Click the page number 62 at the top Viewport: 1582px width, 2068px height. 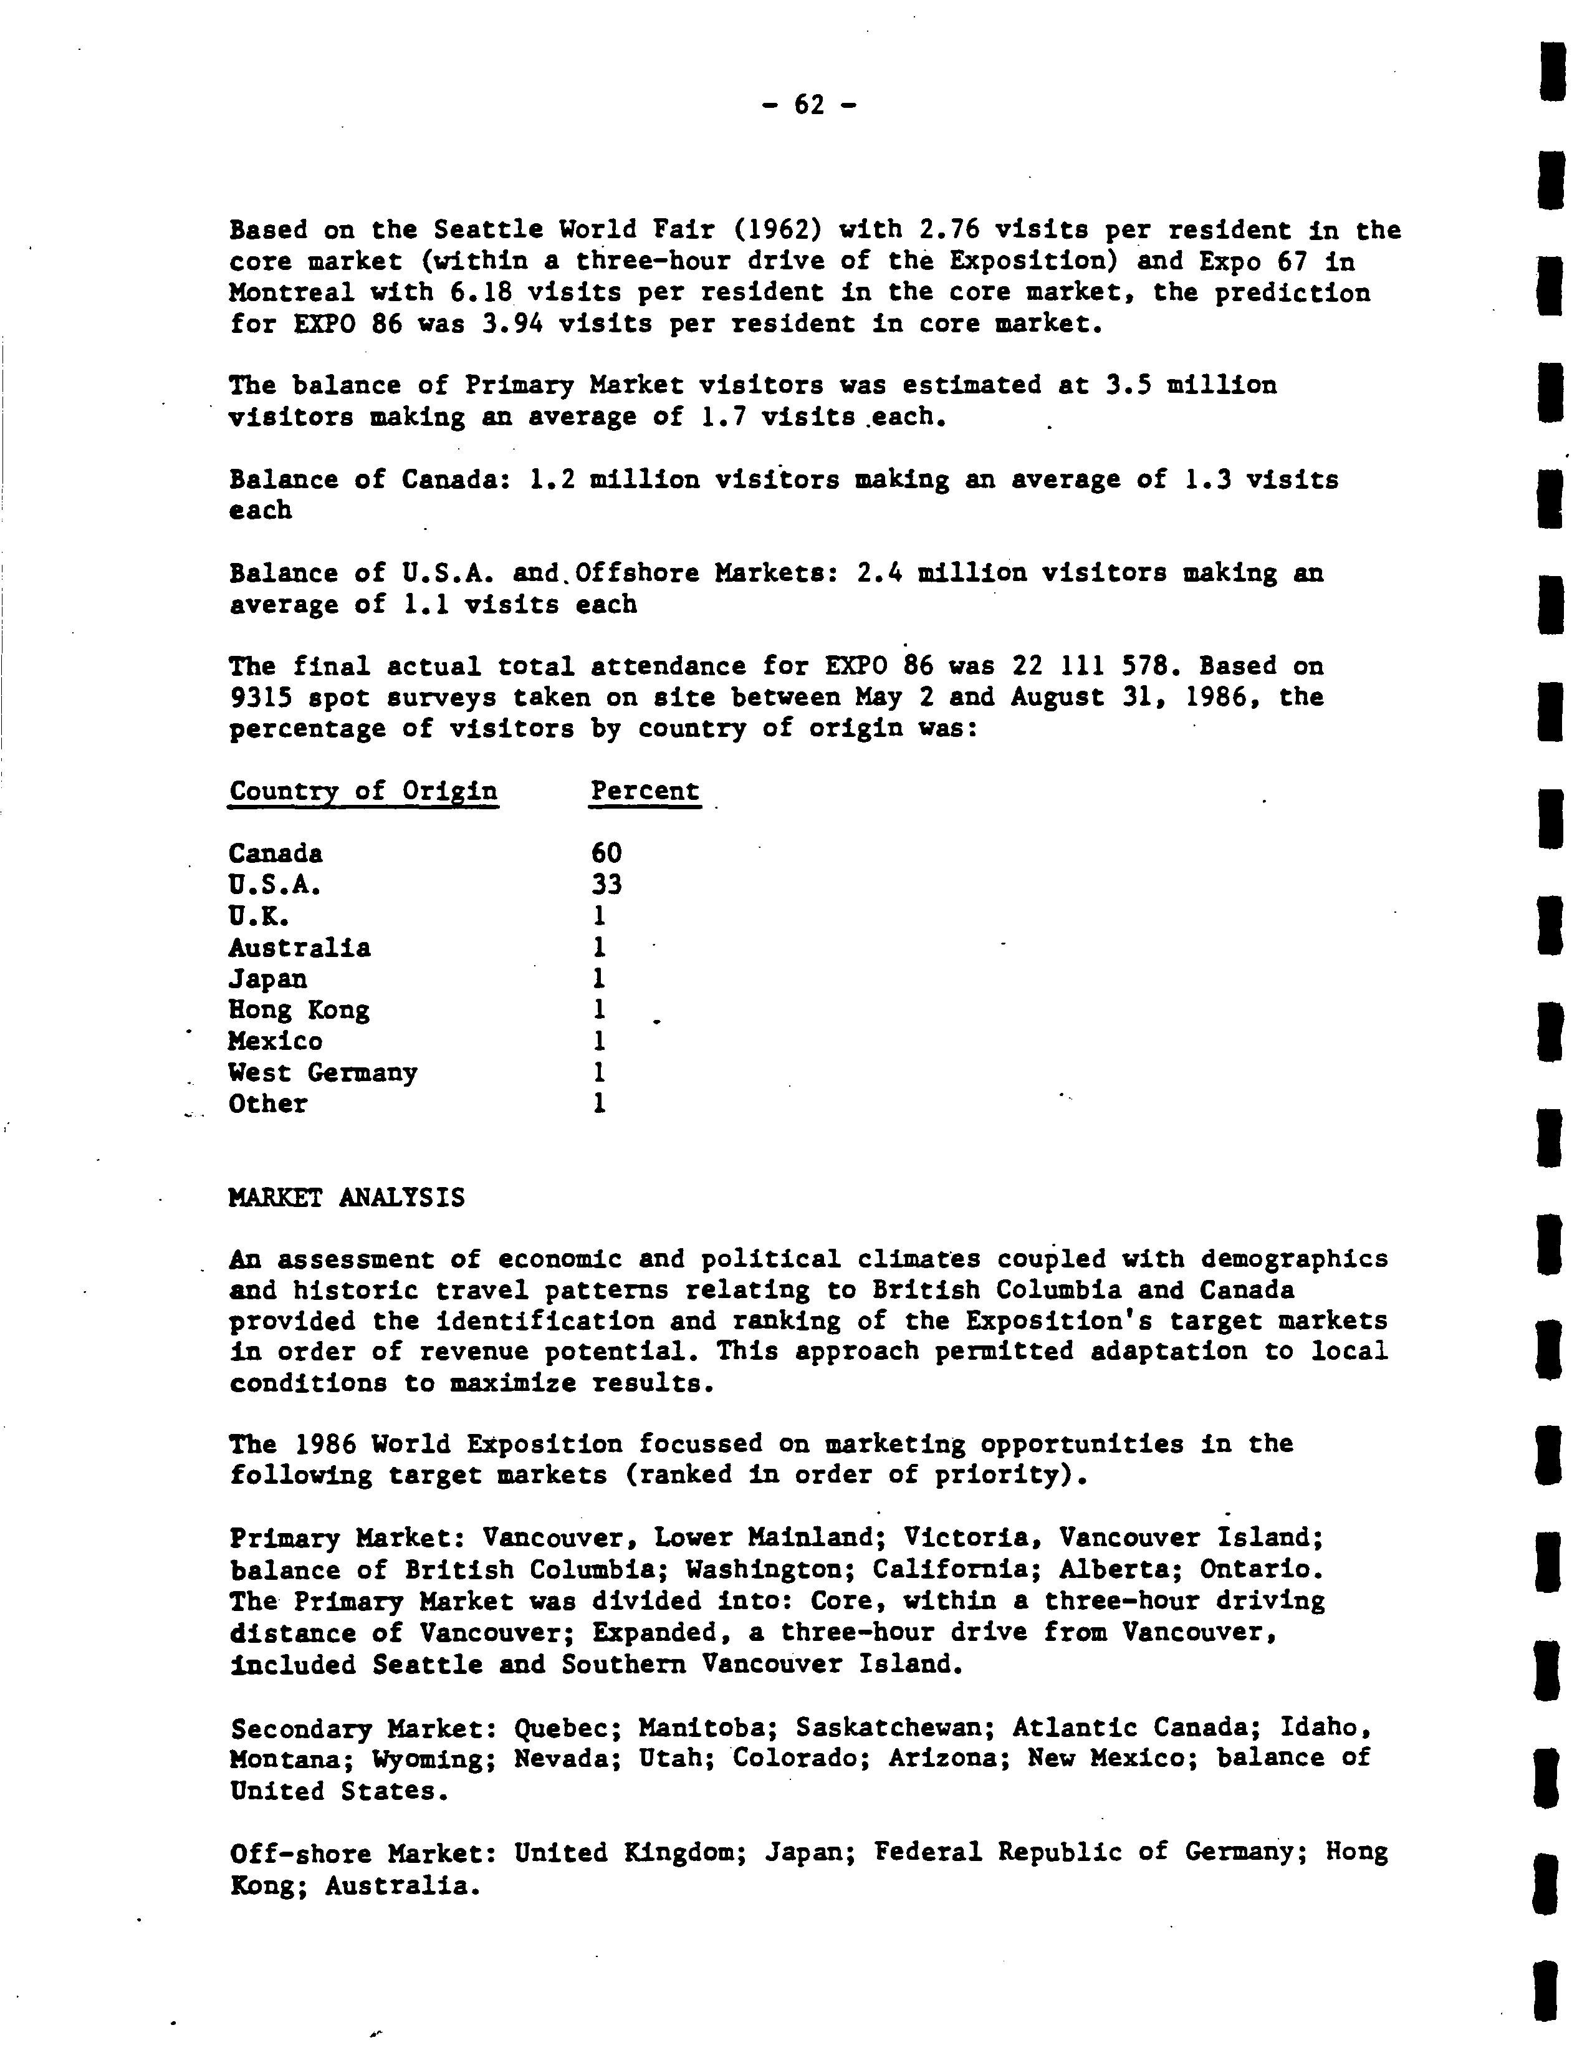[809, 105]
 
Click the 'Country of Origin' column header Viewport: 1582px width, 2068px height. [363, 791]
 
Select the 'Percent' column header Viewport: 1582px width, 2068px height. [645, 791]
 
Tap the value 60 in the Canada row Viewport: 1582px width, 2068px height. [606, 853]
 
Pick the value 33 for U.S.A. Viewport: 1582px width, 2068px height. [606, 884]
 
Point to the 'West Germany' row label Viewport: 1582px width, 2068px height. [322, 1072]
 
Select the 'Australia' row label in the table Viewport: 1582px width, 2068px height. [299, 948]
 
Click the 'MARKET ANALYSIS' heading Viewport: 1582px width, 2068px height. [347, 1197]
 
